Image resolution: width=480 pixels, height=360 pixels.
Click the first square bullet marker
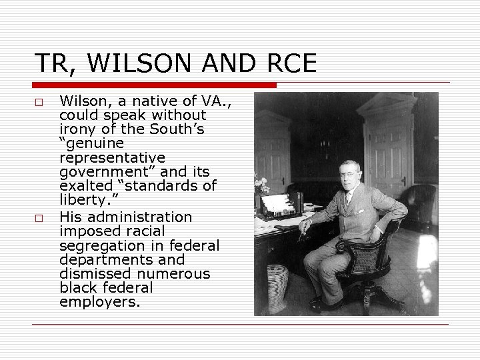coord(39,103)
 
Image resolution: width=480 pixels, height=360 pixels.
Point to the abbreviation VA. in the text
coord(213,101)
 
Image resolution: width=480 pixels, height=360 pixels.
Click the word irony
coord(77,129)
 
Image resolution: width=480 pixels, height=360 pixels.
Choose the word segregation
coord(101,245)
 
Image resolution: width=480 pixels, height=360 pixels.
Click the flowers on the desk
coord(260,184)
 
